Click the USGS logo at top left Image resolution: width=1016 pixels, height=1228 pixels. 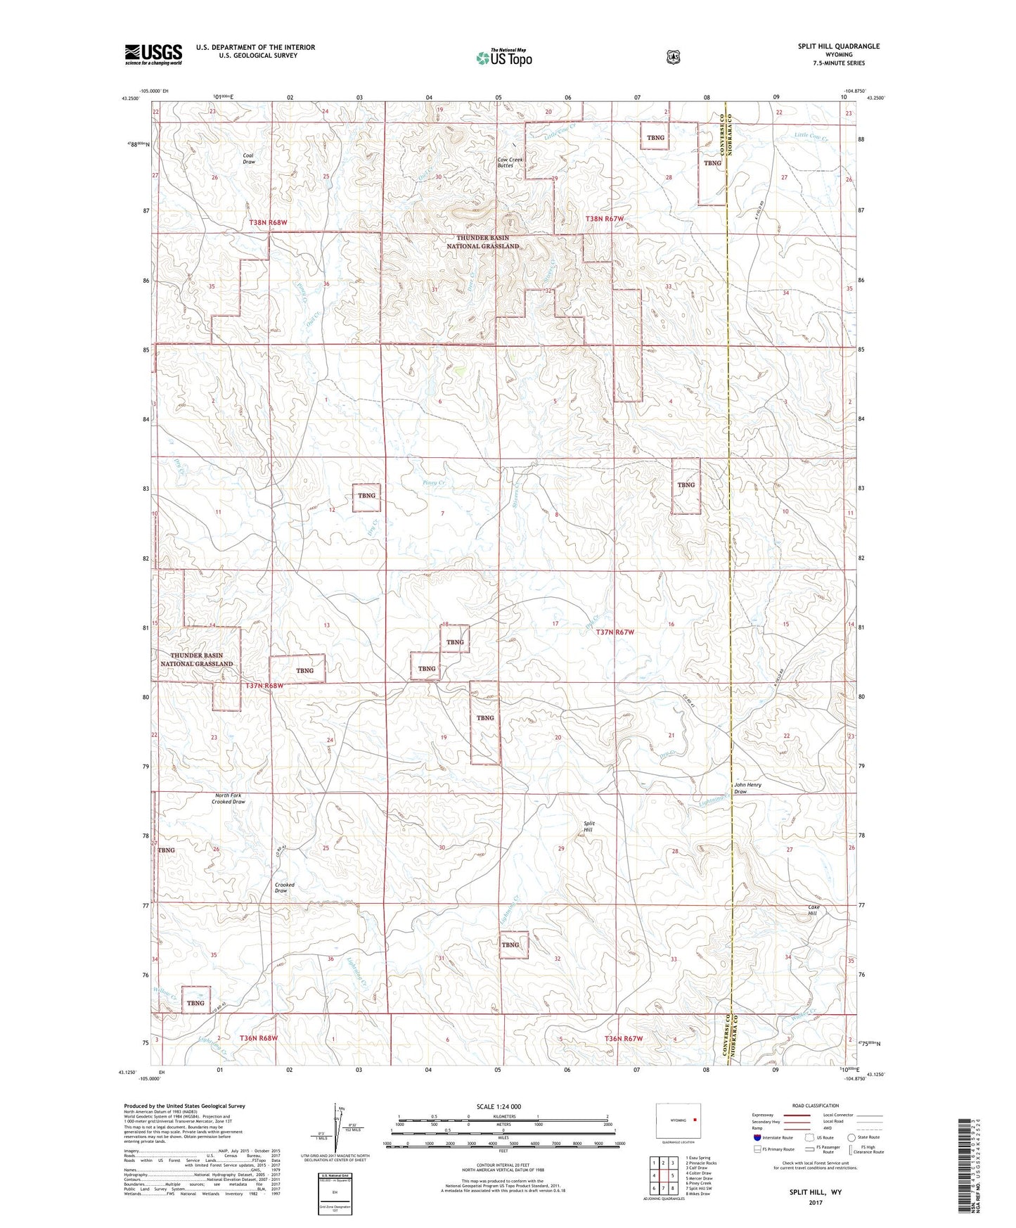[153, 54]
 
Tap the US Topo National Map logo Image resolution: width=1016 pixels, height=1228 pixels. [503, 57]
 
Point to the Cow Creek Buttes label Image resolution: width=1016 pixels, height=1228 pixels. [510, 162]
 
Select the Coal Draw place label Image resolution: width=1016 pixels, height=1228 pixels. [249, 158]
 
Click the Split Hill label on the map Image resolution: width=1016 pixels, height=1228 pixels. [589, 826]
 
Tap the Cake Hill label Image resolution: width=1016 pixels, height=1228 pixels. [814, 910]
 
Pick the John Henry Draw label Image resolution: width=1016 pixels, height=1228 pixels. [747, 788]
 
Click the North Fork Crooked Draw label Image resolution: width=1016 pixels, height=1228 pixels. [229, 798]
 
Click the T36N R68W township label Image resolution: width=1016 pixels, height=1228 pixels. [259, 1038]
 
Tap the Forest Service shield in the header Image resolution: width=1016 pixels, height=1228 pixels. [673, 57]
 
